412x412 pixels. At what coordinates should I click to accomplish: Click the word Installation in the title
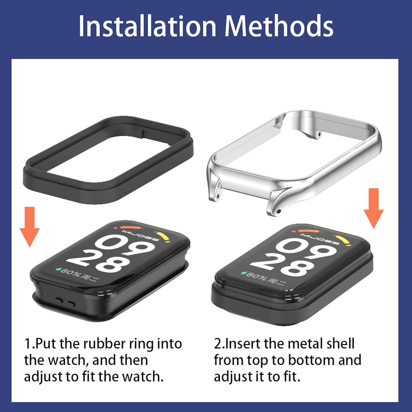point(147,26)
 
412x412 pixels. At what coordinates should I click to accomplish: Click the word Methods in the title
point(279,26)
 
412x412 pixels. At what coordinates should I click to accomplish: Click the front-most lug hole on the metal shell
point(279,211)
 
